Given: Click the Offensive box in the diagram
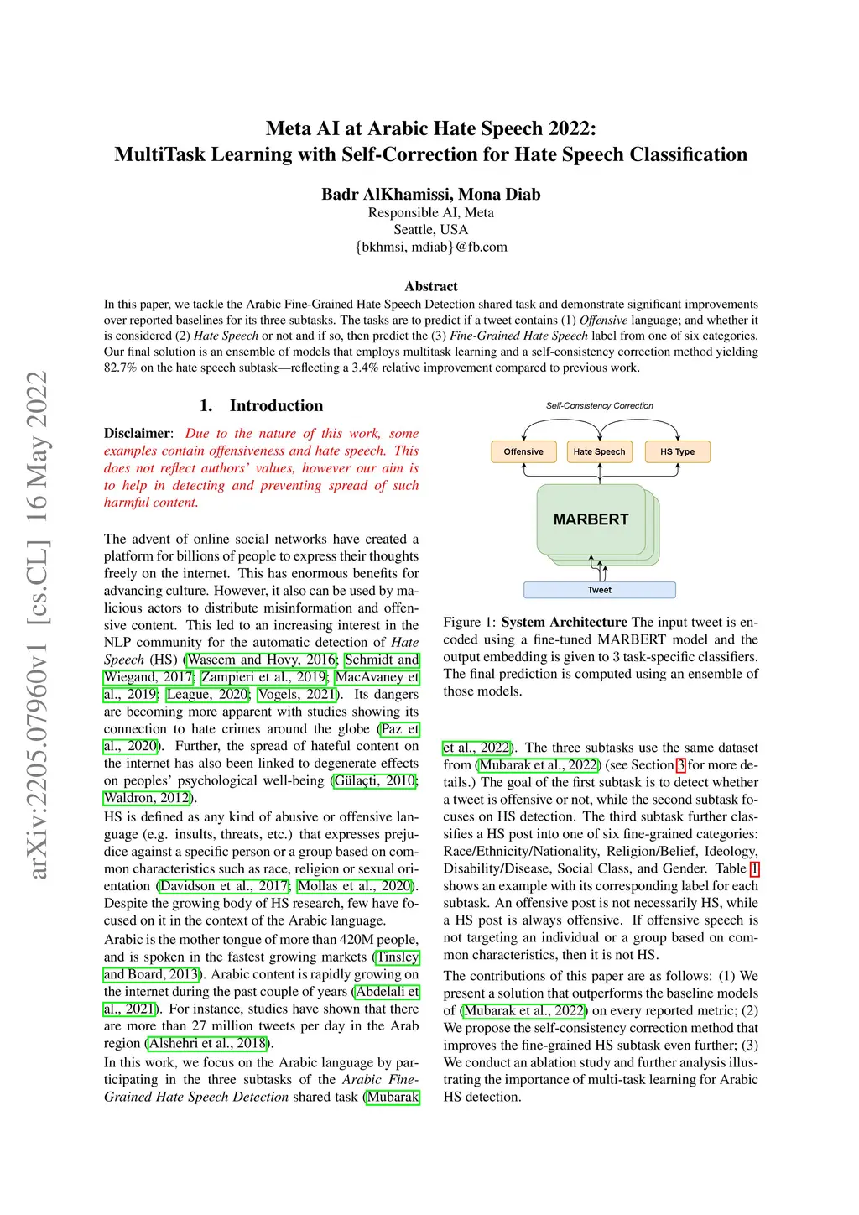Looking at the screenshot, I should (x=523, y=451).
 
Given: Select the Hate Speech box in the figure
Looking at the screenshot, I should (x=599, y=451).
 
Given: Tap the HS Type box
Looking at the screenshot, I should (x=677, y=451).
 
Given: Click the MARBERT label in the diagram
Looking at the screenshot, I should (x=591, y=519).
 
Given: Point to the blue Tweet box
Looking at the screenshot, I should (x=599, y=590).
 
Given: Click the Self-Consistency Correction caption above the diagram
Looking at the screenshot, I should (x=599, y=406).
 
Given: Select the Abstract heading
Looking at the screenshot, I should (x=430, y=286).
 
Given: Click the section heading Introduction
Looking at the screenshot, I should (x=276, y=406).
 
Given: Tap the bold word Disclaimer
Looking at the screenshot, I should (x=137, y=433).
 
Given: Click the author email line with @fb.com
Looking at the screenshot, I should (x=430, y=247).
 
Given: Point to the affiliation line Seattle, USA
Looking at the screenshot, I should (x=430, y=230).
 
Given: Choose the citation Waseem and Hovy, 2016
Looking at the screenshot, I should (x=262, y=660).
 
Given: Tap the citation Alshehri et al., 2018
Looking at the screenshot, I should (x=207, y=1043).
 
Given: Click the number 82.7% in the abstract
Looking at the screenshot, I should (x=120, y=368).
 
